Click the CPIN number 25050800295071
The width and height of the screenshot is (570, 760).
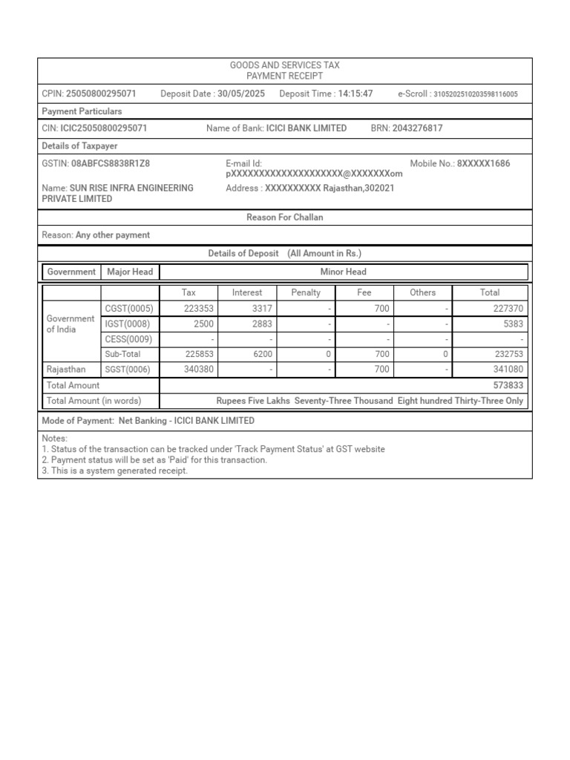pos(101,94)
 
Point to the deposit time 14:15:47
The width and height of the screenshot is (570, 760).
pos(356,94)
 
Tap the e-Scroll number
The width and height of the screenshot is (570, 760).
pos(475,94)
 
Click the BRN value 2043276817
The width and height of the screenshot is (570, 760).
pos(417,128)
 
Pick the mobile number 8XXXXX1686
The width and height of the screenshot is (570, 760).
pos(483,163)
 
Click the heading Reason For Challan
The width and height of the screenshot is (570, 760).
pos(285,217)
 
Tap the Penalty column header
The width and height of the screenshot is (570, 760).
pos(306,292)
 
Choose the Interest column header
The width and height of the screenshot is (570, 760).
pos(247,292)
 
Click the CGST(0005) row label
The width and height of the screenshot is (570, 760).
pos(129,308)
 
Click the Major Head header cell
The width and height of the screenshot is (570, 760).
pos(130,272)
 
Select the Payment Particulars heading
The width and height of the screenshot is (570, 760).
pos(82,111)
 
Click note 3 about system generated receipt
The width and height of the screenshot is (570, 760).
pos(115,471)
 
